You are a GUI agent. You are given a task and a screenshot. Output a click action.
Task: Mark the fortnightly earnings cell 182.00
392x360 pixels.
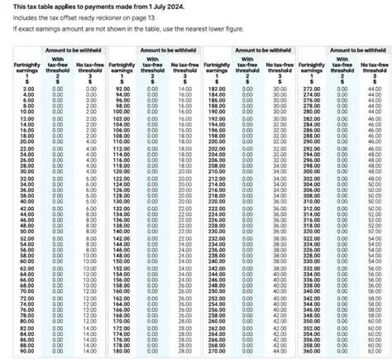[217, 89]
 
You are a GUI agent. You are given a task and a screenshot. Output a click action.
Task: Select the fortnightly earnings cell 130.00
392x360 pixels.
[122, 201]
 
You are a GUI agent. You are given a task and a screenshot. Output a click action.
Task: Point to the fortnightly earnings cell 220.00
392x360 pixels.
[217, 201]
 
